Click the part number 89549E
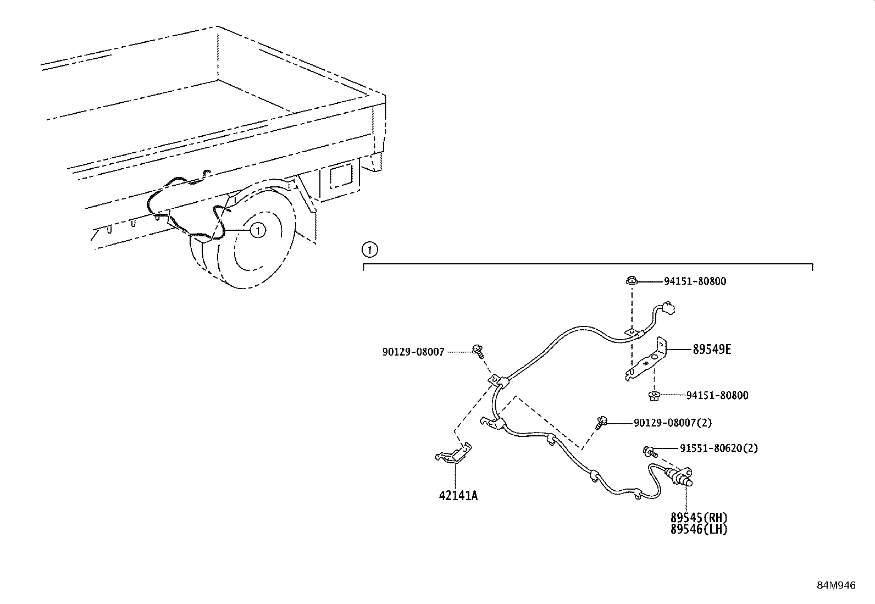712,350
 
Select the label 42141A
458,496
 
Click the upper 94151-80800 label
695,281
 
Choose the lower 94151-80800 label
717,396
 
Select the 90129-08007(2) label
673,423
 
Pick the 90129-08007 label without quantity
413,352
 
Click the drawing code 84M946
835,586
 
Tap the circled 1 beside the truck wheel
257,230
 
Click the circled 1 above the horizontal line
370,251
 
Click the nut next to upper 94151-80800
631,281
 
